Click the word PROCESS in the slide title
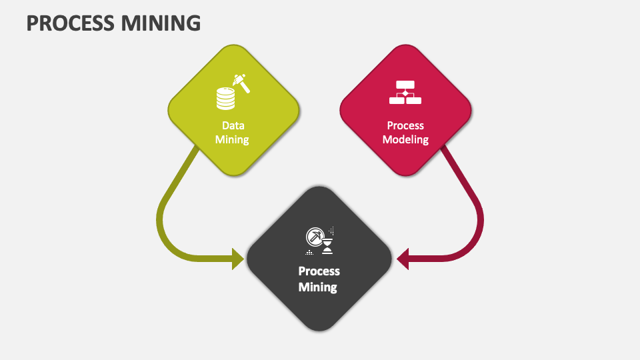[x=69, y=23]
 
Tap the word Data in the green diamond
[x=233, y=125]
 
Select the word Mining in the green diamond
[x=232, y=140]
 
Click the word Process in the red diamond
[x=405, y=125]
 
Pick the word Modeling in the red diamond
[x=405, y=140]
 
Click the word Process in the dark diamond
[x=319, y=271]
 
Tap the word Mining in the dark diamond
[x=318, y=287]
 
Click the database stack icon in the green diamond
[x=226, y=99]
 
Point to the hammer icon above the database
[x=240, y=82]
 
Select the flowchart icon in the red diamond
[x=405, y=93]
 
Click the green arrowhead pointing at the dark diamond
[x=238, y=258]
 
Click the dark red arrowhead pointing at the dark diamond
[x=403, y=258]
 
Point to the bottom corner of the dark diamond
[x=319, y=329]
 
